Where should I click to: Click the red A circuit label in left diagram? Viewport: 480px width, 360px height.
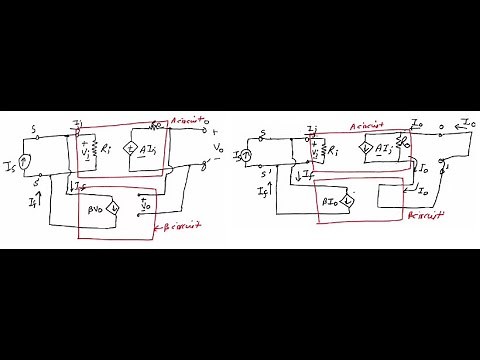186,120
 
